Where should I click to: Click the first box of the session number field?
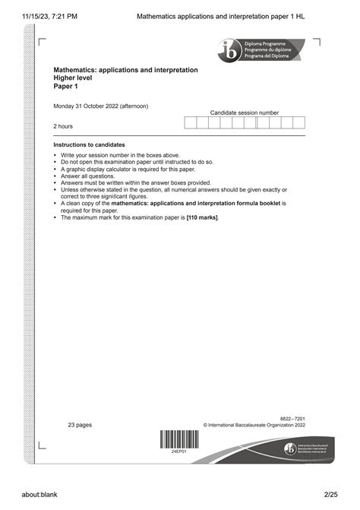[191, 122]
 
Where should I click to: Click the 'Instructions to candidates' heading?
[89, 144]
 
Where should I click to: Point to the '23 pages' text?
[80, 425]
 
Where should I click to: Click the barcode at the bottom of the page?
[180, 440]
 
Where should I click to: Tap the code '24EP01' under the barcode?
[180, 451]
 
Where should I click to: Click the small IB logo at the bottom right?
[289, 449]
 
